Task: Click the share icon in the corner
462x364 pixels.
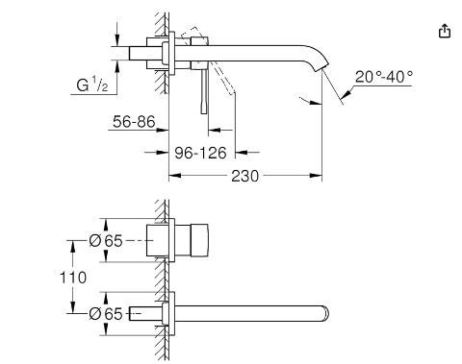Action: click(x=445, y=31)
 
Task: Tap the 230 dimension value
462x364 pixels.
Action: click(x=244, y=176)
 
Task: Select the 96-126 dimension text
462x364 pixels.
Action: click(x=200, y=153)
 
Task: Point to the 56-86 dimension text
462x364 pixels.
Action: click(x=134, y=122)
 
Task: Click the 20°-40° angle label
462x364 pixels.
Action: click(x=384, y=77)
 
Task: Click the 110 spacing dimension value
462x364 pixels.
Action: click(x=73, y=278)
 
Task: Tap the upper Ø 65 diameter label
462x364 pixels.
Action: click(x=106, y=241)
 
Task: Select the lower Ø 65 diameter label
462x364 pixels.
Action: click(x=106, y=314)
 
